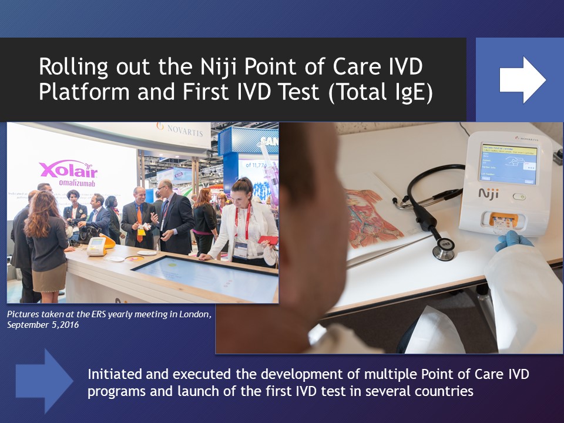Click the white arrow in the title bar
pyautogui.click(x=522, y=80)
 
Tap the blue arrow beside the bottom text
pyautogui.click(x=44, y=381)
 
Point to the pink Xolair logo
pyautogui.click(x=68, y=170)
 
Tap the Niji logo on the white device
pyautogui.click(x=489, y=193)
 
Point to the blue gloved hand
pyautogui.click(x=512, y=240)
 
